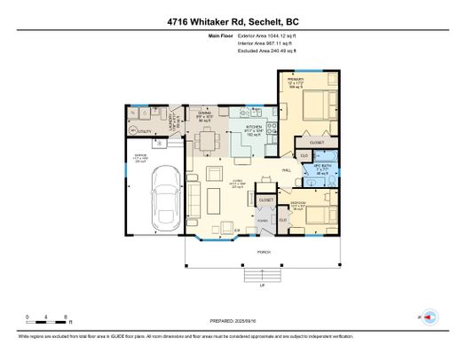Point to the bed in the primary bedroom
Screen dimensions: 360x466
point(318,108)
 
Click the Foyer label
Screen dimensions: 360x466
point(263,220)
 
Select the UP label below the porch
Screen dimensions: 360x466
point(262,286)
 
